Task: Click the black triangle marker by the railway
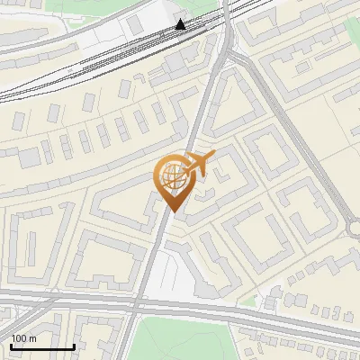181,24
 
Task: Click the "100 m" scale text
23,338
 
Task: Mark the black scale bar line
41,346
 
